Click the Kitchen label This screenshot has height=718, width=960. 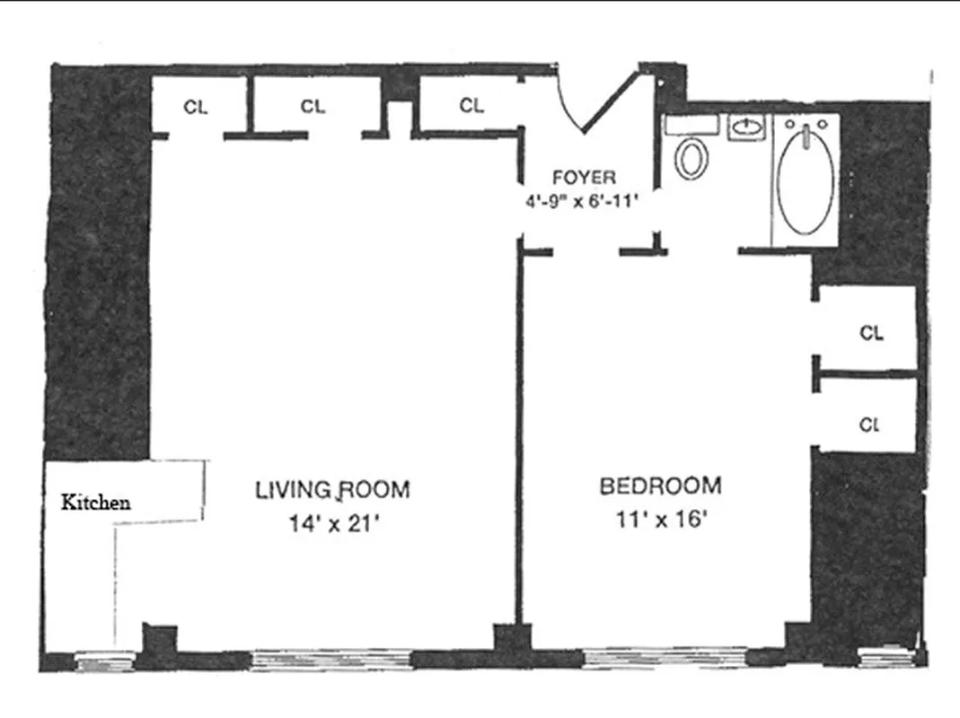click(x=95, y=503)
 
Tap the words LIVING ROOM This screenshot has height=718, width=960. click(x=332, y=490)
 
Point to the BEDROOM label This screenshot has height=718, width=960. click(x=660, y=486)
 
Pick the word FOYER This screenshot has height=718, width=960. click(x=584, y=177)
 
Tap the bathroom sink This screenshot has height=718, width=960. click(x=744, y=128)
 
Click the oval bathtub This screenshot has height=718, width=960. click(x=805, y=179)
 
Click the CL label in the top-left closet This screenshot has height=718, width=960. click(x=196, y=107)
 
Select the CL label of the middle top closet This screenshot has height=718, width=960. click(x=313, y=107)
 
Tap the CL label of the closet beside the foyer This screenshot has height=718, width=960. click(x=472, y=106)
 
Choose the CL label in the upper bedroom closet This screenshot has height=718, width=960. click(x=871, y=333)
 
